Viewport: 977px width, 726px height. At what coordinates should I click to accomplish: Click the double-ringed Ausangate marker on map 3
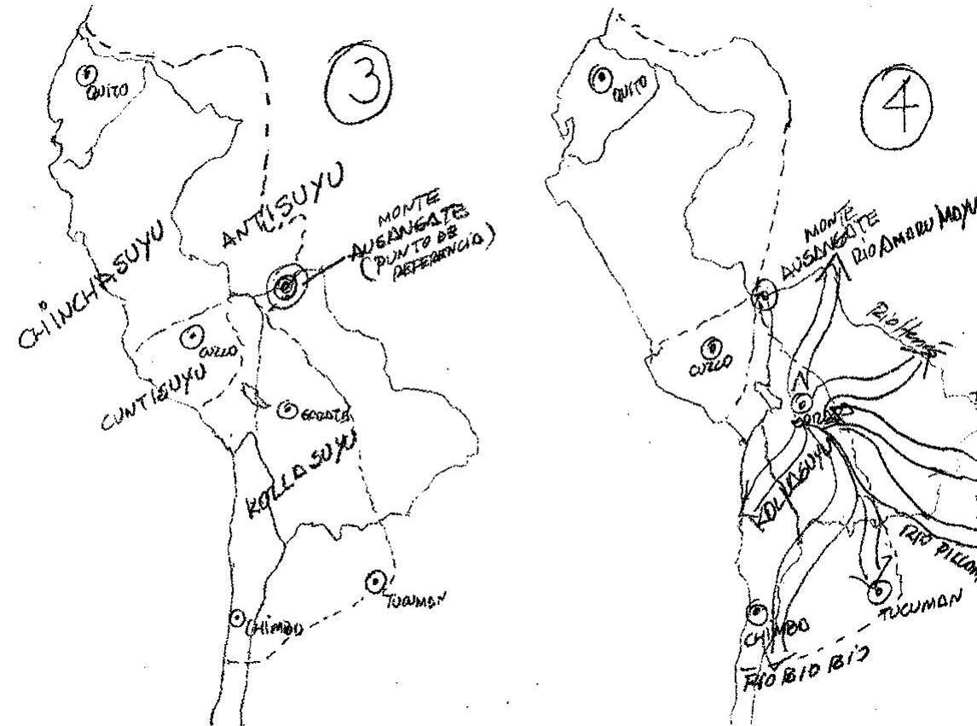[284, 288]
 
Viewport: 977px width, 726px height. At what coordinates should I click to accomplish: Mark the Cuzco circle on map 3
[193, 338]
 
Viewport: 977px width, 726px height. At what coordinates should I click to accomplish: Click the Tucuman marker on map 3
[373, 582]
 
